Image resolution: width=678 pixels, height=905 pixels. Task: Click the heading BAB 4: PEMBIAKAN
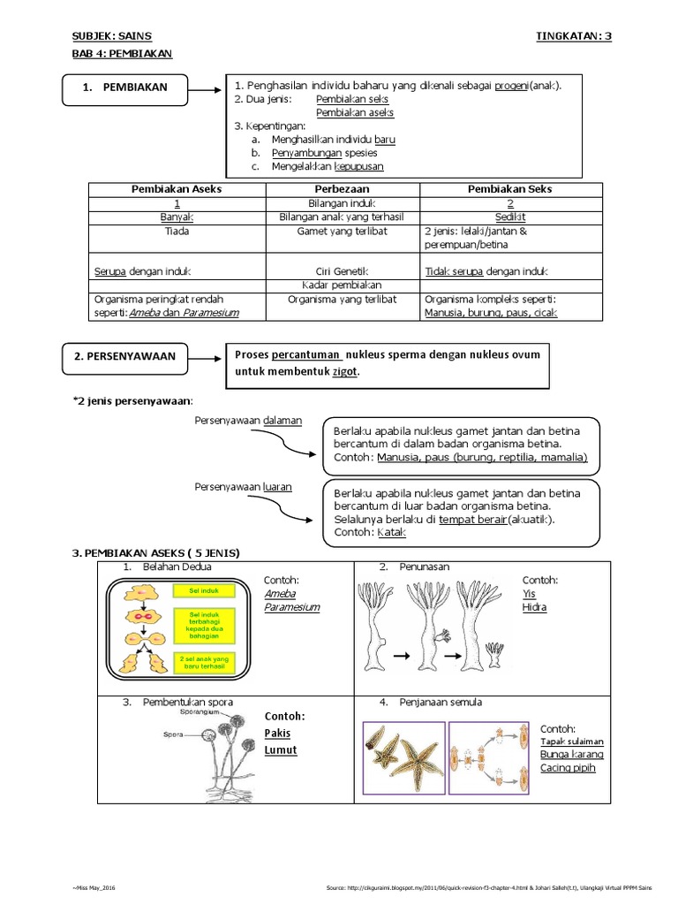click(x=122, y=53)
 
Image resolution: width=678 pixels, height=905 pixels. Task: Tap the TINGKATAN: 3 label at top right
click(x=573, y=35)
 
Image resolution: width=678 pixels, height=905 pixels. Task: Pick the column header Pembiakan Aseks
click(x=177, y=189)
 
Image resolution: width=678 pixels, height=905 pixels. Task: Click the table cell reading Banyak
click(x=177, y=217)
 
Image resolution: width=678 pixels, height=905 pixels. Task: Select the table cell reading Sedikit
click(x=511, y=217)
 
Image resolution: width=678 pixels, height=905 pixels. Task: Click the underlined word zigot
click(x=345, y=372)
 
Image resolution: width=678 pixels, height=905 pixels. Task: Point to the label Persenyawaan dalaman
click(x=248, y=421)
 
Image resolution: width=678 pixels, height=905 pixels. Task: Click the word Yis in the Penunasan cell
click(x=529, y=594)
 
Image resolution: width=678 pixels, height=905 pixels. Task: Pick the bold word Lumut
click(x=281, y=750)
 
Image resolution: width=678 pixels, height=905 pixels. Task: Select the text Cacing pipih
click(x=568, y=768)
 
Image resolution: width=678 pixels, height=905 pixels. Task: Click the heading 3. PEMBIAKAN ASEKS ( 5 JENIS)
click(x=155, y=553)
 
